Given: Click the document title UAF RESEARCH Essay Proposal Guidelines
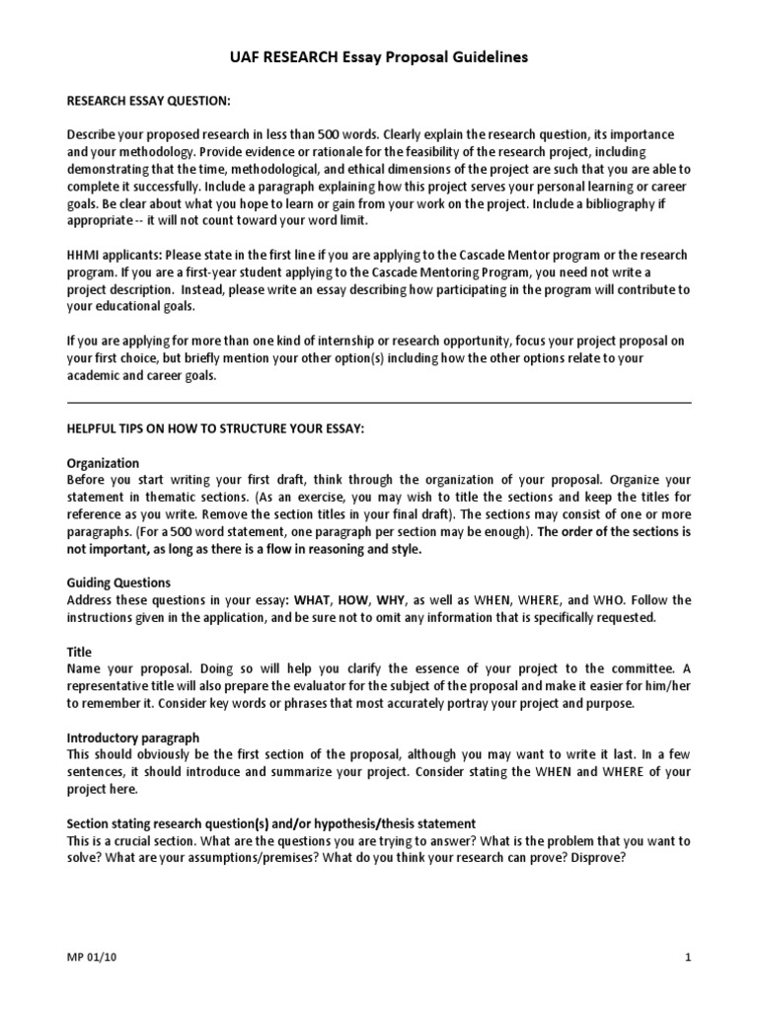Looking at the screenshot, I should tap(379, 57).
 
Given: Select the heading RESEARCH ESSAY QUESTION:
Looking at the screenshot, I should tap(148, 100).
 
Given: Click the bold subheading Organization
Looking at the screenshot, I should tap(103, 463).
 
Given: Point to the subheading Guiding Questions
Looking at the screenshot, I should tap(118, 583).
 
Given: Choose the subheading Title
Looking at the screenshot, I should tap(79, 652).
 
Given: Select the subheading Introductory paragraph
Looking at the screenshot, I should tap(132, 738).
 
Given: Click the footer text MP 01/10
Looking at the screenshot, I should tap(90, 958).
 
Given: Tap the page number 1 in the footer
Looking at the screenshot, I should tap(687, 958).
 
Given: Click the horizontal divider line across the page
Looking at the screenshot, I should tap(379, 403).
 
